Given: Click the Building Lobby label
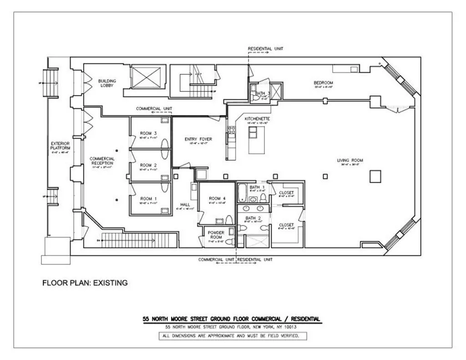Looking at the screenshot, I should pos(107,83).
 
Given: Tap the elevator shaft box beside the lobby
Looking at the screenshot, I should pos(146,77).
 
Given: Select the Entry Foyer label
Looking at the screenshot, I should pos(198,139).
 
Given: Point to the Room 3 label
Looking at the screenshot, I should pos(148,133).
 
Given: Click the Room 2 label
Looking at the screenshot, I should pos(148,165).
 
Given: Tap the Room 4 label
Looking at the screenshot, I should pos(217,198).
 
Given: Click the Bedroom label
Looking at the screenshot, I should pos(323,83).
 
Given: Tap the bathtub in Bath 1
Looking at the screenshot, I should pos(242,193).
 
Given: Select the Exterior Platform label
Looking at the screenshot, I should pos(60,146).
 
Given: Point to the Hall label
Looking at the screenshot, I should pos(185,205).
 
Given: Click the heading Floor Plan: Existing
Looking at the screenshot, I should pos(85,283).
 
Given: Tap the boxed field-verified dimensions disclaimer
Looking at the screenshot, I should pos(232,336).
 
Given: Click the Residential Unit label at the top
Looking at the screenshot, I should pos(266,48).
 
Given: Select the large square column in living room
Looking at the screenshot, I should pos(375,176).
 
